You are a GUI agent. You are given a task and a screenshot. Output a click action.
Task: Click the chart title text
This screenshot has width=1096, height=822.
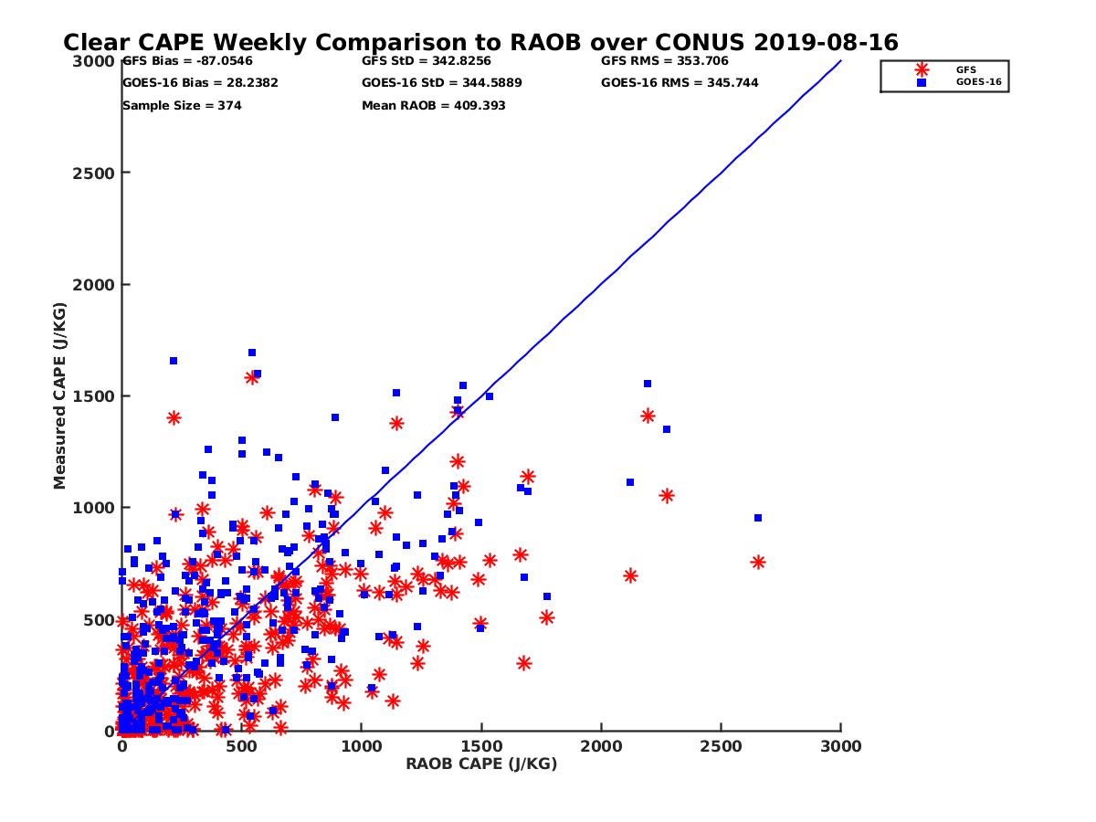(480, 43)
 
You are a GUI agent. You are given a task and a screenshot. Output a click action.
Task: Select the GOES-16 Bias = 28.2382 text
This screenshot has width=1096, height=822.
(200, 83)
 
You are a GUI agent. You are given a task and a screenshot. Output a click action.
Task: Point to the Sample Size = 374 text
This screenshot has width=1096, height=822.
(182, 106)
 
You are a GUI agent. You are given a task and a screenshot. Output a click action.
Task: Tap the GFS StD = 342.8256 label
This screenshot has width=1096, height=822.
(426, 62)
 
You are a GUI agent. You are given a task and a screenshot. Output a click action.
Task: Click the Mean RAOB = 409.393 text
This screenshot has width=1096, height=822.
(433, 106)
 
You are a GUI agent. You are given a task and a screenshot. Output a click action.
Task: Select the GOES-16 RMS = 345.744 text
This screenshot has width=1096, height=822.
(680, 83)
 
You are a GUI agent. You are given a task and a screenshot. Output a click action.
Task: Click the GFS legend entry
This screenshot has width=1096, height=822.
(965, 69)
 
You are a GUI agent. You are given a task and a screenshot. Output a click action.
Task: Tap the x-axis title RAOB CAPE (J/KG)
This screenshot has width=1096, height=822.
(481, 764)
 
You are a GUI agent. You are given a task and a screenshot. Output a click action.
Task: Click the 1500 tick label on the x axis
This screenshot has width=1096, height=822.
(481, 746)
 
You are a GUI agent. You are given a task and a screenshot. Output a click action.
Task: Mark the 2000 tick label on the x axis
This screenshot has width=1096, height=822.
(601, 746)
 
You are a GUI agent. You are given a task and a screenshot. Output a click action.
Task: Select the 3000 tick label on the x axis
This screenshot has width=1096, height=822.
(841, 746)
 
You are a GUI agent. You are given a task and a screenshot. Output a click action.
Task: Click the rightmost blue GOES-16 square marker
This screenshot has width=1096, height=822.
(757, 518)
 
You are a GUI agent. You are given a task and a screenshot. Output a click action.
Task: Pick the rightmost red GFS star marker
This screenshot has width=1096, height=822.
(757, 562)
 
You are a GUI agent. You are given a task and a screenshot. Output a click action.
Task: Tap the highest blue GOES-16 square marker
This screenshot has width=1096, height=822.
(252, 353)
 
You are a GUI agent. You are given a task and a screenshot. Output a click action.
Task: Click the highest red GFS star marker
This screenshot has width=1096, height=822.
(252, 377)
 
